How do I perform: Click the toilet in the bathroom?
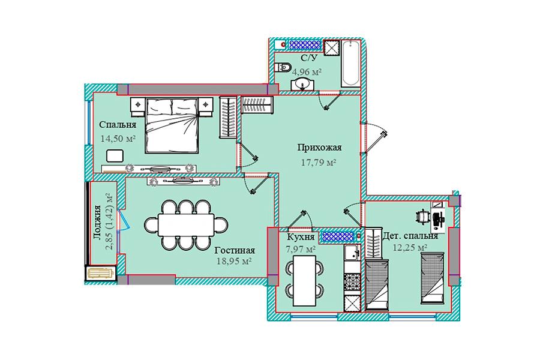pos(283,67)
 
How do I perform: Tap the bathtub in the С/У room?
pos(350,64)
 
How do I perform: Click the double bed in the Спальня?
pos(172,125)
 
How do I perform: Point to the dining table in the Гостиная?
pos(186,225)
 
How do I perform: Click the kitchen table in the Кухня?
pos(304,280)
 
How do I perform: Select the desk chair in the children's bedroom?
pos(422,217)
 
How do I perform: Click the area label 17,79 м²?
pos(319,162)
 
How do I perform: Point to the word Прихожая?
pos(320,148)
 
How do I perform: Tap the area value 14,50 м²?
pos(118,139)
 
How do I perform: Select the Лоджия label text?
pos(97,222)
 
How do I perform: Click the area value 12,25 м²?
pos(410,248)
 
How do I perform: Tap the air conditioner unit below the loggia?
pos(101,274)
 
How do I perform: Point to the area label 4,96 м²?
pos(307,72)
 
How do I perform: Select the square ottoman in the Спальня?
pos(115,156)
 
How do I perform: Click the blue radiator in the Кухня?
pos(337,236)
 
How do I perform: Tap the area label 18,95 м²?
pos(234,262)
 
